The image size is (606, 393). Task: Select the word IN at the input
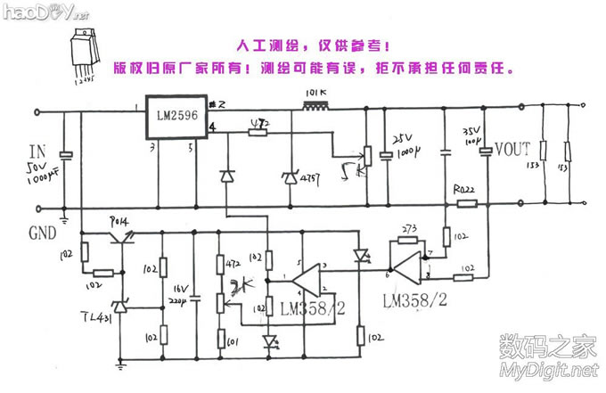37,149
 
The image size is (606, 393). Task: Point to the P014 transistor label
119,220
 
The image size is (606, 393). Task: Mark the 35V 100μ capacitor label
471,135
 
